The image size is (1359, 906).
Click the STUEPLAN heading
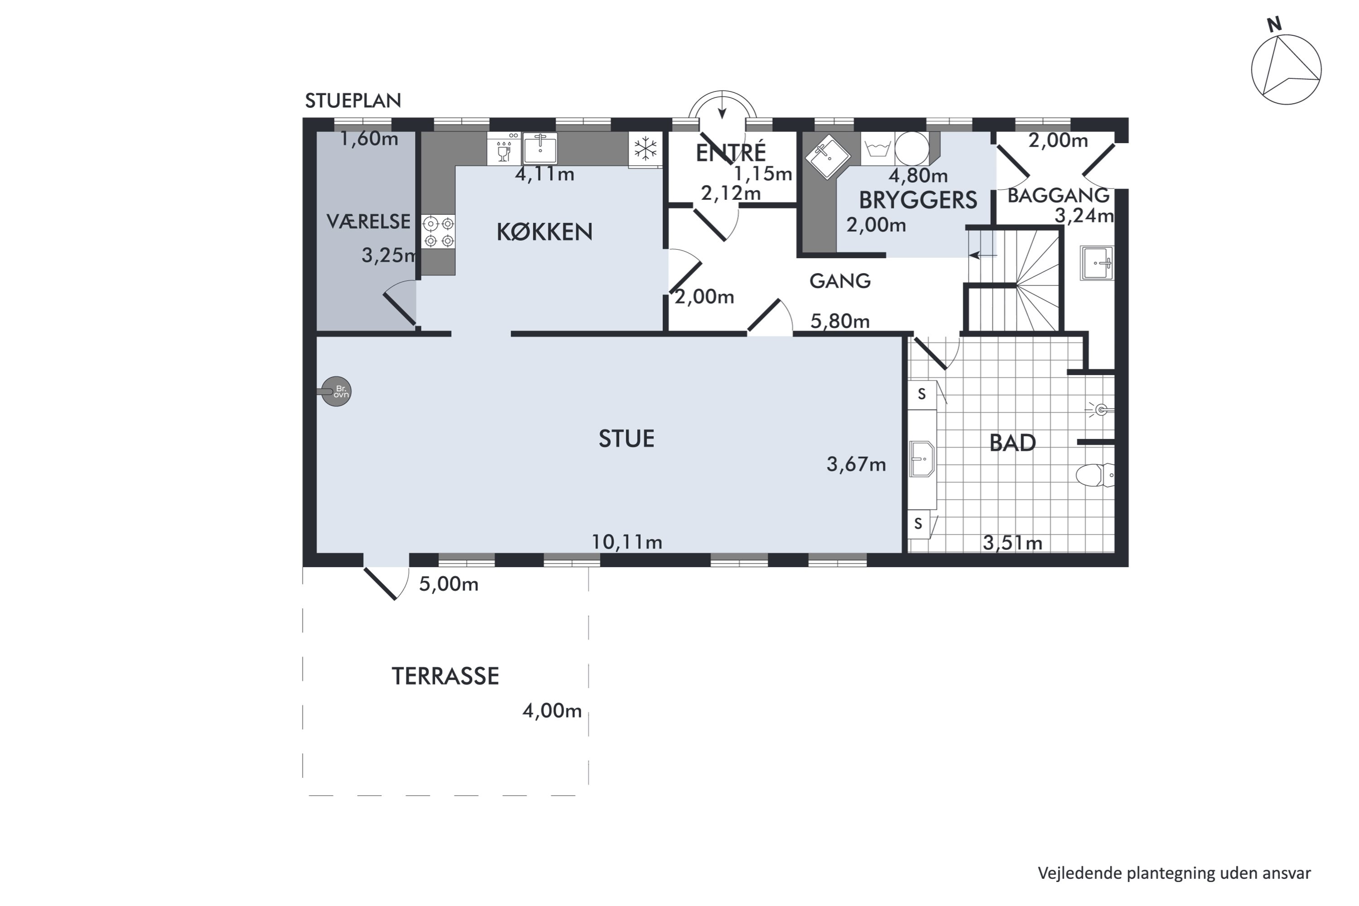352,101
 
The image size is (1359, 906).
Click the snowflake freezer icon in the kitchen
645,149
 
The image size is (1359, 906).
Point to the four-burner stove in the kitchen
438,231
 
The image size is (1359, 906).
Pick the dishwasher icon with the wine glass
504,149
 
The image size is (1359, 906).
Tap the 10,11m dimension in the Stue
627,542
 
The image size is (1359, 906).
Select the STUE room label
626,439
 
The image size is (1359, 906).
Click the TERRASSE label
445,676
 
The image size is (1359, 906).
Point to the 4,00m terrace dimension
552,711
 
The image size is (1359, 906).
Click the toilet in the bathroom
1094,475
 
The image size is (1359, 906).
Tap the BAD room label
1012,443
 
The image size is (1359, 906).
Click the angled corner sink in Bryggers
828,154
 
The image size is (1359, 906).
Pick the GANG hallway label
839,281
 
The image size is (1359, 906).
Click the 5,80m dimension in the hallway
839,321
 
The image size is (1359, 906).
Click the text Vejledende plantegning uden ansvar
1174,872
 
